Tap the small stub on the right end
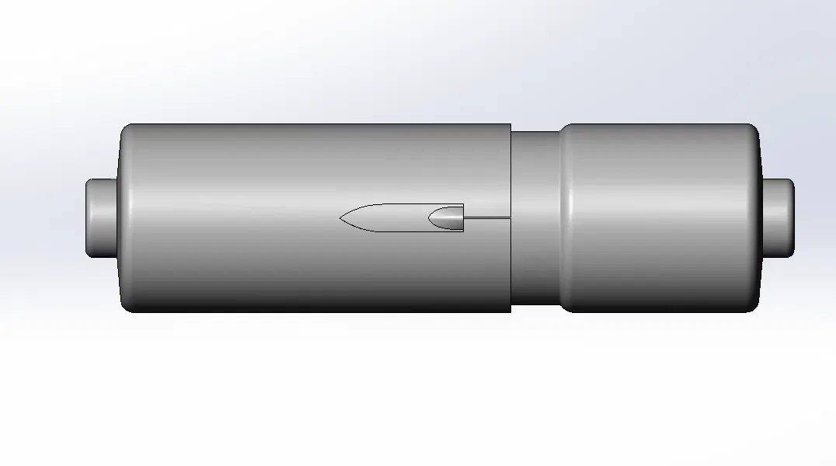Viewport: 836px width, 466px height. (779, 218)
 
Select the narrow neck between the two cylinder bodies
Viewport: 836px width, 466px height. (535, 218)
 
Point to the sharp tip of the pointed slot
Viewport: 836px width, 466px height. (341, 218)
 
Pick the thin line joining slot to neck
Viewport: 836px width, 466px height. (486, 217)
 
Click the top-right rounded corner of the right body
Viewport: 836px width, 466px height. (753, 129)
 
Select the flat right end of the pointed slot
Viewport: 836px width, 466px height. (463, 218)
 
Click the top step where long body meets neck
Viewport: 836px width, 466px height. (510, 128)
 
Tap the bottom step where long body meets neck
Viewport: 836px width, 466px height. (510, 308)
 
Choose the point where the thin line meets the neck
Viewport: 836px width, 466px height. (510, 217)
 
